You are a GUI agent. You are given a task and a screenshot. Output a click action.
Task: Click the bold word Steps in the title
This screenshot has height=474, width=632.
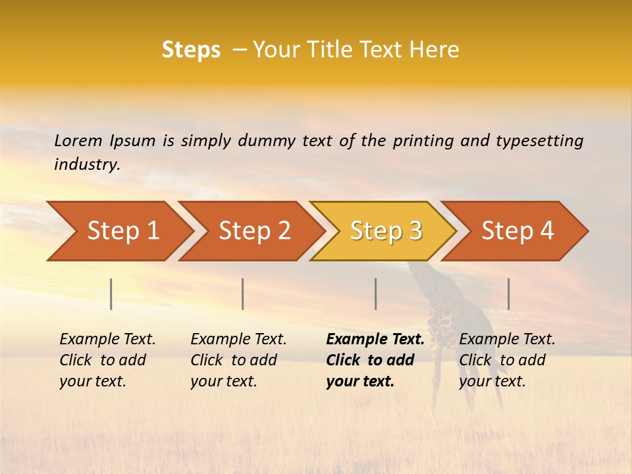tap(191, 49)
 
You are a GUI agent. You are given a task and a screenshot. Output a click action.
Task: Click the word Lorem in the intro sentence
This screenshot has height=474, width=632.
tap(78, 140)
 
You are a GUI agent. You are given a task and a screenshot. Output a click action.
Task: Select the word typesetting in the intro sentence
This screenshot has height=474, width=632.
tap(539, 140)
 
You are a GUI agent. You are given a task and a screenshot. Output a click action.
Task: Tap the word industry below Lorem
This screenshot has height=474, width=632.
tap(87, 165)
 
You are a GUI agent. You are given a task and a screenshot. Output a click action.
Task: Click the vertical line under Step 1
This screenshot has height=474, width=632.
tap(111, 294)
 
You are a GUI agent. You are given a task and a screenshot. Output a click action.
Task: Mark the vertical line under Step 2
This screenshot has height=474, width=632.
tap(243, 294)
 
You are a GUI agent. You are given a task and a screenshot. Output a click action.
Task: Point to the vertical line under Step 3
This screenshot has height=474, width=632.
tap(375, 294)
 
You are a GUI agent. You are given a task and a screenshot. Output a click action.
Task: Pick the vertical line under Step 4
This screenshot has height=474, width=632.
tap(508, 294)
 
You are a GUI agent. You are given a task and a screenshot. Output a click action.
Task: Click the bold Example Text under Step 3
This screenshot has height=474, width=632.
tap(375, 340)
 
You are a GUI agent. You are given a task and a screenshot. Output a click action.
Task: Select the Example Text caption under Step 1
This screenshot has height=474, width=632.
tap(107, 340)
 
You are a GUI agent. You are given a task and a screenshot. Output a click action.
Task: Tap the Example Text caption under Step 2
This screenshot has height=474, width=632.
tap(238, 340)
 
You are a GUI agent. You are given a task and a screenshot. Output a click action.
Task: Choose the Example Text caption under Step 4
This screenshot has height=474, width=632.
tap(507, 340)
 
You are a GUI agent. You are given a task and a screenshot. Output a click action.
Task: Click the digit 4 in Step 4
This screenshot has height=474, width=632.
tap(546, 231)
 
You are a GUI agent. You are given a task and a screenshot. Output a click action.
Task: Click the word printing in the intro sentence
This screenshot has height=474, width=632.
tap(423, 140)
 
